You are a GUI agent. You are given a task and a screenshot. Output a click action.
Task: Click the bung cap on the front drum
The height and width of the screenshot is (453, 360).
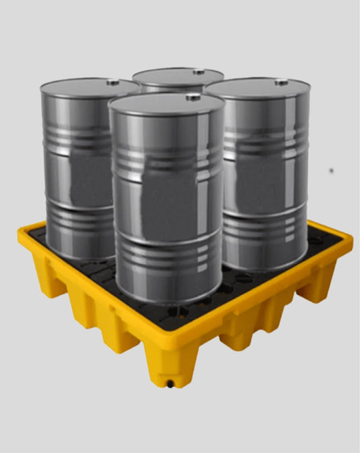[193, 98]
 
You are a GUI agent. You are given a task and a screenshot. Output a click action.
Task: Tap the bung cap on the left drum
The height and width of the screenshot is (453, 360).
[113, 82]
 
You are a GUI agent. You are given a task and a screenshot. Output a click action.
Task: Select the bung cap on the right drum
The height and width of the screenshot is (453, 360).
[281, 82]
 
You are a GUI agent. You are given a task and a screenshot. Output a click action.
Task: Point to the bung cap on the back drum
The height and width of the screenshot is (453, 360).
[198, 72]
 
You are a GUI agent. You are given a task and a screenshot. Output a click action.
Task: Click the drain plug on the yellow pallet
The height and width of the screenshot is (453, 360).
[170, 385]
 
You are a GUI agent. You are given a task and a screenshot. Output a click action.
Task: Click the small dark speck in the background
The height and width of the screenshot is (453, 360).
[331, 169]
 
